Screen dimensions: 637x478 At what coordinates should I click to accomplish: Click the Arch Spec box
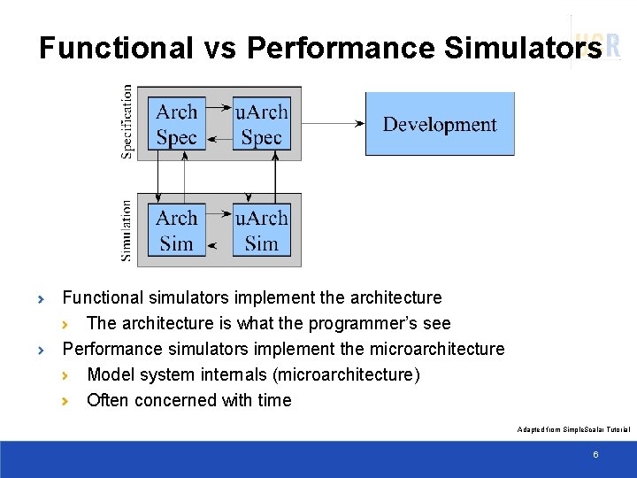pos(176,124)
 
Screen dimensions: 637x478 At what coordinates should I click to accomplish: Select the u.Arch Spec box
pos(261,124)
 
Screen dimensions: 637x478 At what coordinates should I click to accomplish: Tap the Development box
pos(440,124)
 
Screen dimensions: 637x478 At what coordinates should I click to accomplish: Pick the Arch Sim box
pos(176,230)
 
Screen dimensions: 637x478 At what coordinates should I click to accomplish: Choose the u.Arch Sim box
pos(261,230)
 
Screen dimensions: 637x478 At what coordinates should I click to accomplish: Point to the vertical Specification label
pos(127,121)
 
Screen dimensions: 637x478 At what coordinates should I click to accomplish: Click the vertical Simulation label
pos(127,230)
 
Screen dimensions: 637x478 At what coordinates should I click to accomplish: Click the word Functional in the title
pos(115,48)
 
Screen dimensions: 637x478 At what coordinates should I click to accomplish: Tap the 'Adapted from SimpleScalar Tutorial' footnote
pos(573,429)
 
